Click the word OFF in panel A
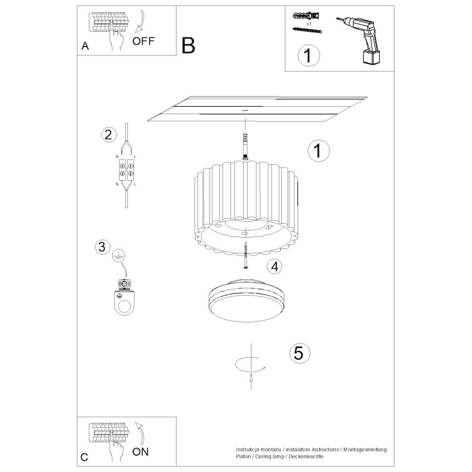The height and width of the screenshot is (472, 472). pos(143,41)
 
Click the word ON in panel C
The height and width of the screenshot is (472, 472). pos(141,452)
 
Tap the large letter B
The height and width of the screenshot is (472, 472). pos(188,46)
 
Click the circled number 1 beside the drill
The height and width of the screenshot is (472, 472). pos(308,55)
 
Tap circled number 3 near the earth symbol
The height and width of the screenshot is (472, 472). pos(103,247)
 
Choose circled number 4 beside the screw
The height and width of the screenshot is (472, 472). pos(275,266)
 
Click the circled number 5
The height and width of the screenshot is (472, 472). pos(300,353)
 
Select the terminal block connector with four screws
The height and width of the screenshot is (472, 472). pos(126,170)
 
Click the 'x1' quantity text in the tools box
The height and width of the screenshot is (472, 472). pos(309,24)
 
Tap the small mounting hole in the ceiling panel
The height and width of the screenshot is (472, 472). pos(245,110)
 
